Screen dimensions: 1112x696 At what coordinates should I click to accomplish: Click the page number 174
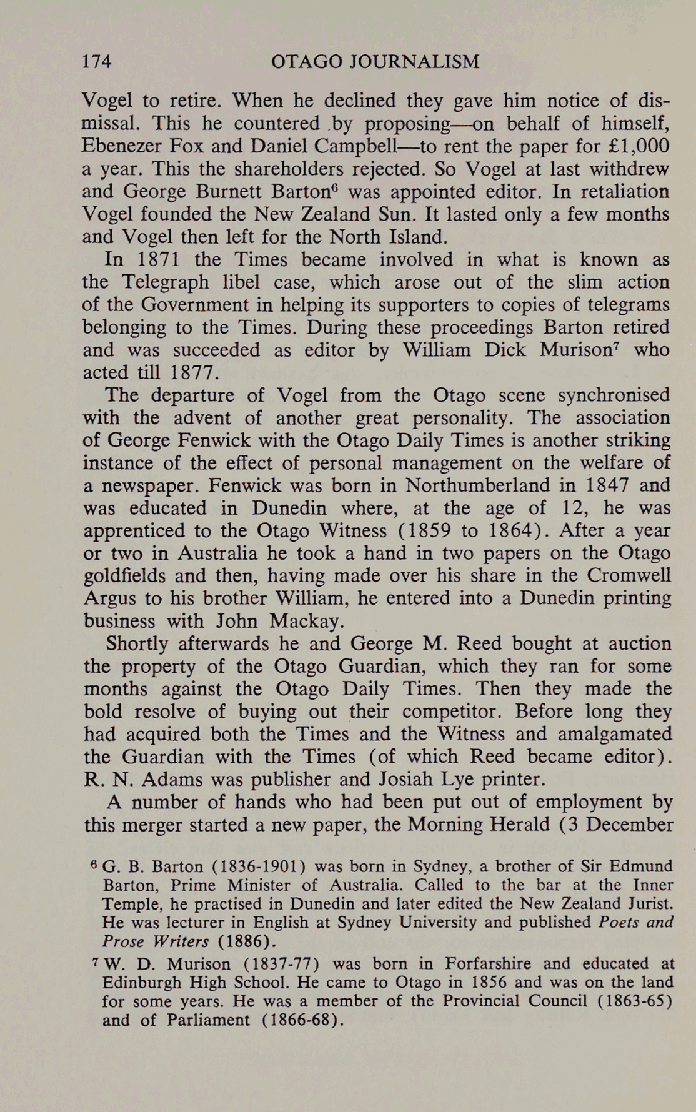coord(97,62)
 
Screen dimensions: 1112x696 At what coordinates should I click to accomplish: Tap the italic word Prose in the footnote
coord(124,941)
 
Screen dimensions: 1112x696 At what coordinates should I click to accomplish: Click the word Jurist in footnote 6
coord(648,904)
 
